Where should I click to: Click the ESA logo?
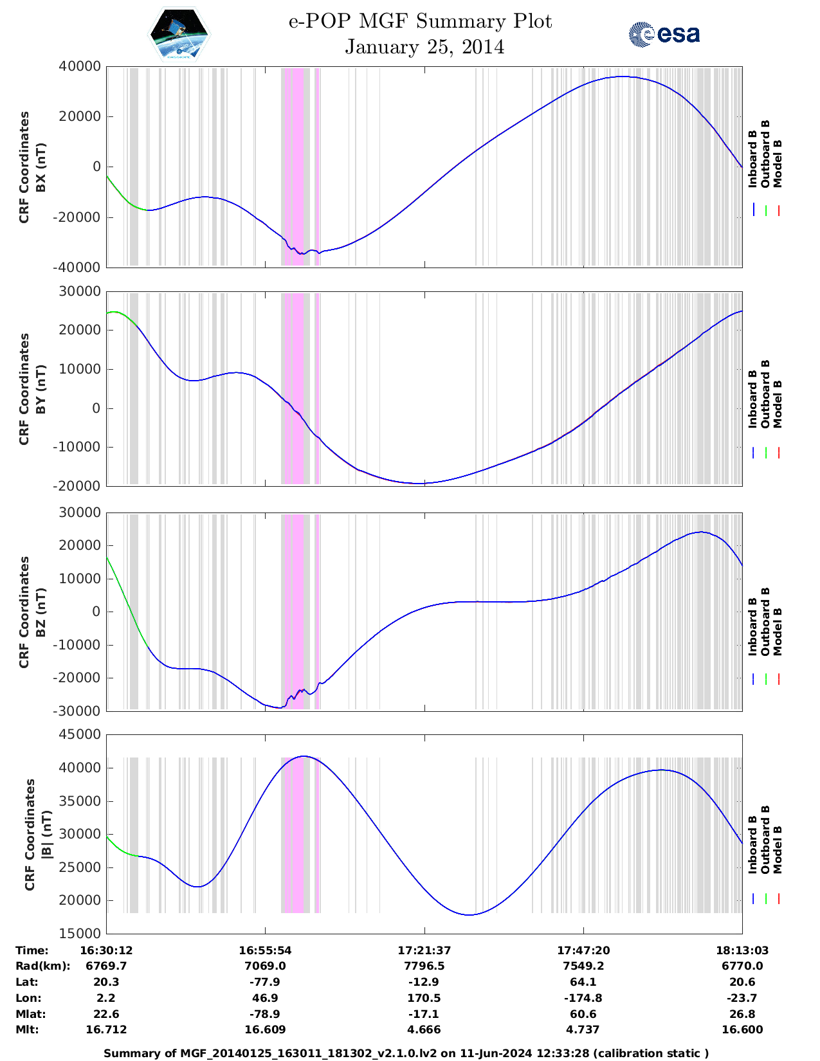664,34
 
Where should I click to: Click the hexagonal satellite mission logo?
179,34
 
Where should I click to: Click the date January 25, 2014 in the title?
424,47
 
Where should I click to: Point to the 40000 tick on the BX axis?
79,66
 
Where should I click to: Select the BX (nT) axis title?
41,167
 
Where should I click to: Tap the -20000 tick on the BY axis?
77,486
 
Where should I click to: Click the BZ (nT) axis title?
41,612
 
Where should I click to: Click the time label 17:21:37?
424,950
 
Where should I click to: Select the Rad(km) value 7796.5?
424,966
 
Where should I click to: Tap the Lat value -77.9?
265,982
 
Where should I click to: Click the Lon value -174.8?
583,998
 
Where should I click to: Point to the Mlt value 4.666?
424,1029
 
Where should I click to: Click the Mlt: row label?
27,1029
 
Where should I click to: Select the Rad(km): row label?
42,966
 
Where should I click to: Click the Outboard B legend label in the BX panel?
765,154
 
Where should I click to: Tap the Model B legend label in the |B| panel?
778,849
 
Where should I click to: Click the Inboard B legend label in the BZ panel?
752,627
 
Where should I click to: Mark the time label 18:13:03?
742,950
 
